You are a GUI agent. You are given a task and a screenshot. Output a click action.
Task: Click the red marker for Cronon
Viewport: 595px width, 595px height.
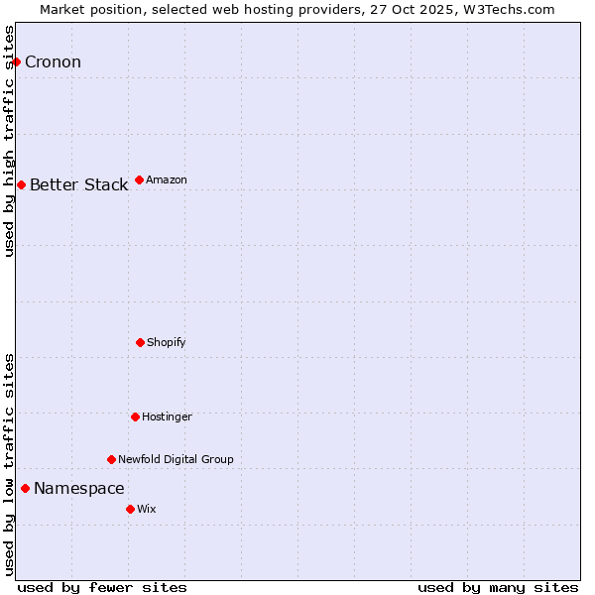[x=16, y=61]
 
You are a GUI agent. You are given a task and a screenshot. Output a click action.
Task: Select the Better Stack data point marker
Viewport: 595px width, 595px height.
[x=21, y=184]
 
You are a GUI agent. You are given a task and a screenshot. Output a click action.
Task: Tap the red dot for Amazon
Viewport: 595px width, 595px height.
[x=139, y=179]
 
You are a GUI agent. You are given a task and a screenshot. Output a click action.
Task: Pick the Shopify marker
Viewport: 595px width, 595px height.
[x=140, y=342]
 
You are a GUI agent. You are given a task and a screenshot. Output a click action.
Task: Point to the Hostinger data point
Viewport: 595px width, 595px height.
[x=135, y=416]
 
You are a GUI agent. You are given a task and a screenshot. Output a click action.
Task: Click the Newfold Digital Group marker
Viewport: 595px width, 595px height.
[x=111, y=459]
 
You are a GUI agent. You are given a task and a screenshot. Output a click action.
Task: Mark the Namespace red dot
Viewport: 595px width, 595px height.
[x=25, y=488]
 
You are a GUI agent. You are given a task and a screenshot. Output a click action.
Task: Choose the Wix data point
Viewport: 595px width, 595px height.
[x=130, y=509]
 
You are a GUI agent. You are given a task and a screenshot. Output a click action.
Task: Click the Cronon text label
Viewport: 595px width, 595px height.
[x=53, y=62]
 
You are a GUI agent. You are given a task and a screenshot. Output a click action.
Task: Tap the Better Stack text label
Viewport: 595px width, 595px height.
[x=78, y=185]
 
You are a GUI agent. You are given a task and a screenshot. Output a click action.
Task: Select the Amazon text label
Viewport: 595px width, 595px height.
[x=166, y=180]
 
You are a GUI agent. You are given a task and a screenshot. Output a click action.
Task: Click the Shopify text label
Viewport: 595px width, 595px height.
[x=166, y=343]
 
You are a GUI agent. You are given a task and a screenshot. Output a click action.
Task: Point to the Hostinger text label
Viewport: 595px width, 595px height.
[x=167, y=417]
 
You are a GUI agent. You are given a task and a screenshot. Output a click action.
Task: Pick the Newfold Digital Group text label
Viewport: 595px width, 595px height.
[x=176, y=460]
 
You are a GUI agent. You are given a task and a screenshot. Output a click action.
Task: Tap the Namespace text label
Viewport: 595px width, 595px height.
[x=78, y=489]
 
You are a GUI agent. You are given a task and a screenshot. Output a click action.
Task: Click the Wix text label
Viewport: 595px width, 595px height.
[x=146, y=510]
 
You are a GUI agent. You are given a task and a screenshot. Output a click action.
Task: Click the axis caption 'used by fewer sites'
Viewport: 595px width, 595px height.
[x=102, y=588]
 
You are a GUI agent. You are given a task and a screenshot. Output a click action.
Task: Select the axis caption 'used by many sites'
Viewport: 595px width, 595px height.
[x=498, y=588]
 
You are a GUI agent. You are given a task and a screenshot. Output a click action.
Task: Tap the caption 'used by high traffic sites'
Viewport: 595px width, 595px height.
[x=9, y=141]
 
